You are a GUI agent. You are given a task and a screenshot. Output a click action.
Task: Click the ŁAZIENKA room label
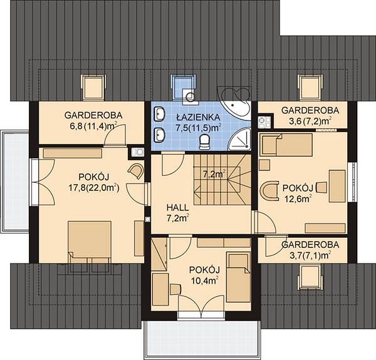(x=198, y=117)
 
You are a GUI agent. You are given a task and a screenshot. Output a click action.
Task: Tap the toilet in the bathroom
(x=204, y=142)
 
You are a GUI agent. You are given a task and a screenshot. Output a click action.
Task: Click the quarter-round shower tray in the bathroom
(x=240, y=140)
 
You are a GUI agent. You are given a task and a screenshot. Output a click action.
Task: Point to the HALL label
(x=177, y=207)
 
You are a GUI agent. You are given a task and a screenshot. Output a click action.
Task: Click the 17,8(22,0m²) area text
(x=94, y=188)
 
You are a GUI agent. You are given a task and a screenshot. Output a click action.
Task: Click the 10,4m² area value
(x=204, y=280)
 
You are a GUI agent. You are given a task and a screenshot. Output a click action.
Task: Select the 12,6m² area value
(x=298, y=198)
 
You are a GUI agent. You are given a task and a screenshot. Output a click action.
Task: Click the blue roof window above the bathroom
(x=183, y=86)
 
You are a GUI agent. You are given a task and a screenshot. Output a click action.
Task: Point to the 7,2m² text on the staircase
(x=214, y=174)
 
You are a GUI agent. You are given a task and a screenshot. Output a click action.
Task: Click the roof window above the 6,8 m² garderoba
(x=93, y=87)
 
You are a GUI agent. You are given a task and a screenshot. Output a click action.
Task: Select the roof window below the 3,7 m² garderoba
(x=310, y=277)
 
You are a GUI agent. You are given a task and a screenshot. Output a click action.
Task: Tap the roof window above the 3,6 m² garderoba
(x=310, y=86)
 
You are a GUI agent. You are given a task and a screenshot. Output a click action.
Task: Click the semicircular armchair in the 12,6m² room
(x=269, y=191)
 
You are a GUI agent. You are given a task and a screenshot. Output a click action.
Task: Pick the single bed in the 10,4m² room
(x=238, y=277)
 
